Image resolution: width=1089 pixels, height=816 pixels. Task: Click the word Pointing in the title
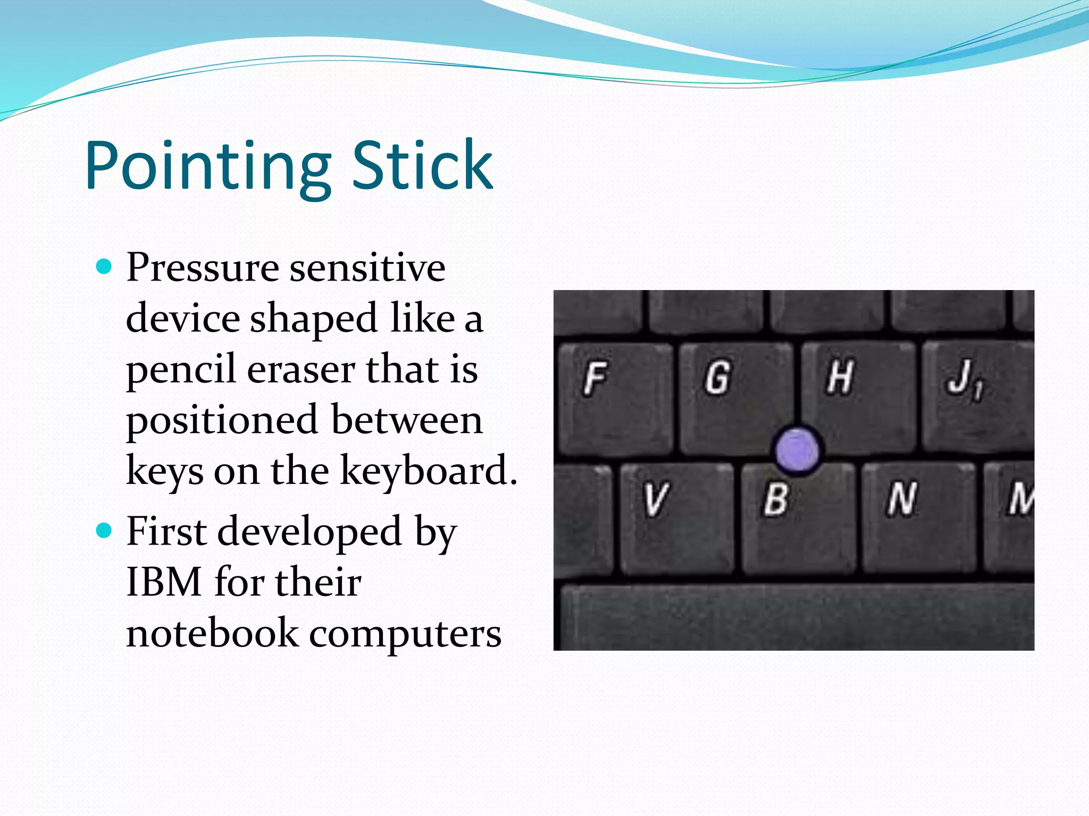[207, 166]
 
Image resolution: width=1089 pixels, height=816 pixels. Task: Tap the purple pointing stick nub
[797, 450]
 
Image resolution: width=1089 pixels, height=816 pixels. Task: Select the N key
[918, 518]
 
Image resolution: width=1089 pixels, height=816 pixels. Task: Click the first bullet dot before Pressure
[105, 266]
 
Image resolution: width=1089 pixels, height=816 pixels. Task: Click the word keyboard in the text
[428, 471]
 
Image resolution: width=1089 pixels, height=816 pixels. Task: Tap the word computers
[405, 634]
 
